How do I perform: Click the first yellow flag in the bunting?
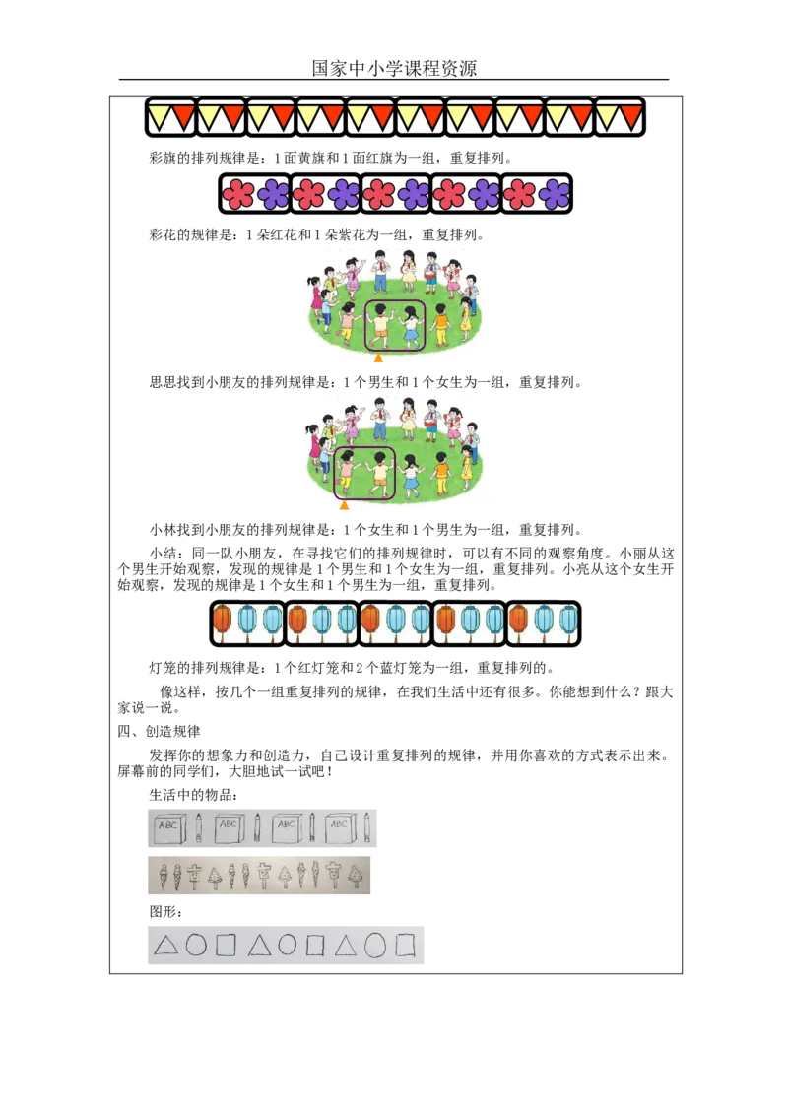coord(159,115)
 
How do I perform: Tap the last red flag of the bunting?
coord(631,115)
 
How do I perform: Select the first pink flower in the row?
coord(238,194)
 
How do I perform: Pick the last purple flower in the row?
coord(555,194)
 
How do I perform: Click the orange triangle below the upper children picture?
coord(378,361)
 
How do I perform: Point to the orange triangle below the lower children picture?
coord(344,508)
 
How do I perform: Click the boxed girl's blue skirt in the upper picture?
coord(410,334)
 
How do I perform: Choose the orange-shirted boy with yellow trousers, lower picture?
coord(440,473)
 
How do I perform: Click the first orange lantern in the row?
coord(223,620)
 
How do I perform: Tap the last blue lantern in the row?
coord(568,620)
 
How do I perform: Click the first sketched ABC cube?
coord(168,828)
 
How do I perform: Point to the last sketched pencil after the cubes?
coord(367,827)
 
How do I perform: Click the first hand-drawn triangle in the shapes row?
coord(165,946)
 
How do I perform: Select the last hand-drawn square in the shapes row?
coord(405,946)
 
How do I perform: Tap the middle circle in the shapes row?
coord(287,946)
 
